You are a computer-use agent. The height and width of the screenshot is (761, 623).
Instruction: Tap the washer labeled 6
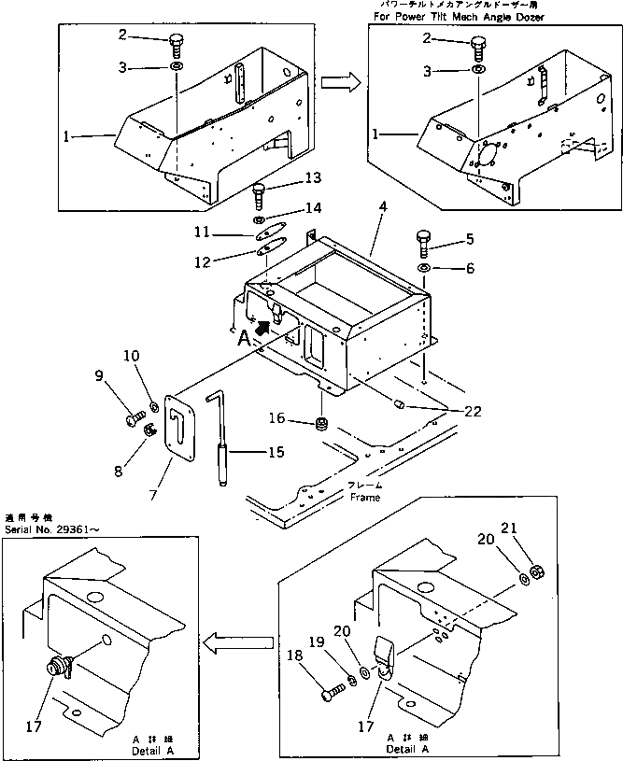425,269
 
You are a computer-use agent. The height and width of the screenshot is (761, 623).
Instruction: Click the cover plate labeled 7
177,425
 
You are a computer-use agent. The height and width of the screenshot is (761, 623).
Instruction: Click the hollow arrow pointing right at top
340,81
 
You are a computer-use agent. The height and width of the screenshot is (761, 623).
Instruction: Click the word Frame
364,498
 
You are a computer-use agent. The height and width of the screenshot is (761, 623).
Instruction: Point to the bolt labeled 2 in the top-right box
478,44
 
